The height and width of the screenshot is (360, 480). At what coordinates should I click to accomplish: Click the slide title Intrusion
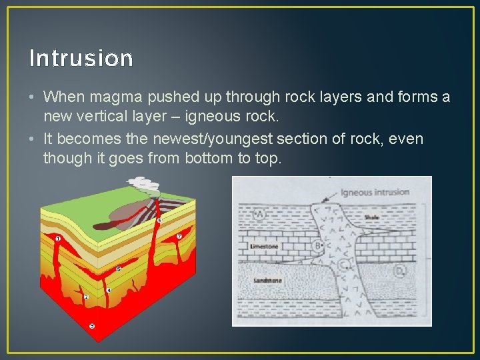(x=81, y=59)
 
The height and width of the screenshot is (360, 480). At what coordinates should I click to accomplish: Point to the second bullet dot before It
(x=33, y=139)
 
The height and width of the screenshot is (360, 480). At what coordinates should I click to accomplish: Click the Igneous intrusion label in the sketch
(x=374, y=193)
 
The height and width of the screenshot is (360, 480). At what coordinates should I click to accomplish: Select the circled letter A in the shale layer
(x=259, y=214)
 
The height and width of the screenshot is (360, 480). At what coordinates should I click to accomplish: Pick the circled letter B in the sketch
(x=317, y=246)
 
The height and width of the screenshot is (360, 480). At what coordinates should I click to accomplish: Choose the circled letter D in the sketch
(x=399, y=271)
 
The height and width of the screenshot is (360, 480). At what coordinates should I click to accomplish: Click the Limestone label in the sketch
(x=264, y=246)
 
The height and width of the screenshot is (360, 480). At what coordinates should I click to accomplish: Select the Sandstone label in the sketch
(x=267, y=281)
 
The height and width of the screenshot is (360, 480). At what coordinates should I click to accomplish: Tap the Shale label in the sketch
(x=371, y=217)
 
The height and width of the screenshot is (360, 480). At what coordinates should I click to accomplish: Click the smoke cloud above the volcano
(x=141, y=181)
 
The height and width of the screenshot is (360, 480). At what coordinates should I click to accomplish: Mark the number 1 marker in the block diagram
(x=59, y=238)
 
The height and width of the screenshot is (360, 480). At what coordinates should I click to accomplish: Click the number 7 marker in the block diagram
(x=179, y=236)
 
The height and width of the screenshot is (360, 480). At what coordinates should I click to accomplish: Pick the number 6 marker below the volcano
(x=159, y=220)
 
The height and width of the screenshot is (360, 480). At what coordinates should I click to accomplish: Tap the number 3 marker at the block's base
(x=92, y=326)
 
